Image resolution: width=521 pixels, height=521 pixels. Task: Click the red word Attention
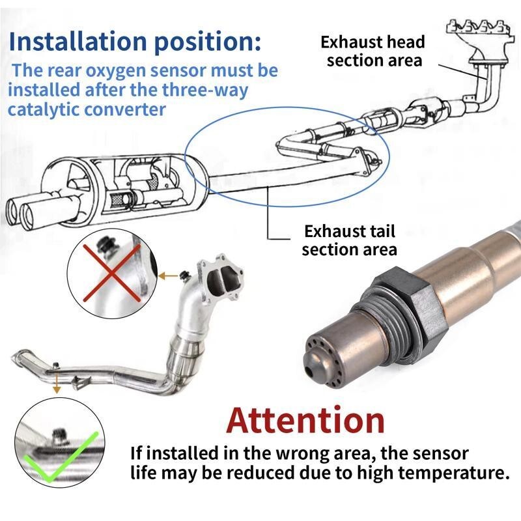[x=305, y=420]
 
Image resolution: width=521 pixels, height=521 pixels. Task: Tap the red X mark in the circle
[x=111, y=273]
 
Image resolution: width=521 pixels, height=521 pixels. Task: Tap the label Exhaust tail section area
[x=349, y=240]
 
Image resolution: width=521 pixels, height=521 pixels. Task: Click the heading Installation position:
[x=135, y=41]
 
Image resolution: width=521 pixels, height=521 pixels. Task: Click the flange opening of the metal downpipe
[x=220, y=281]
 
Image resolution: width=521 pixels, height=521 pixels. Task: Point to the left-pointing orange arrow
[x=168, y=275]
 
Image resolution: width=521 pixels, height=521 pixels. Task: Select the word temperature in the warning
[x=453, y=473]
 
